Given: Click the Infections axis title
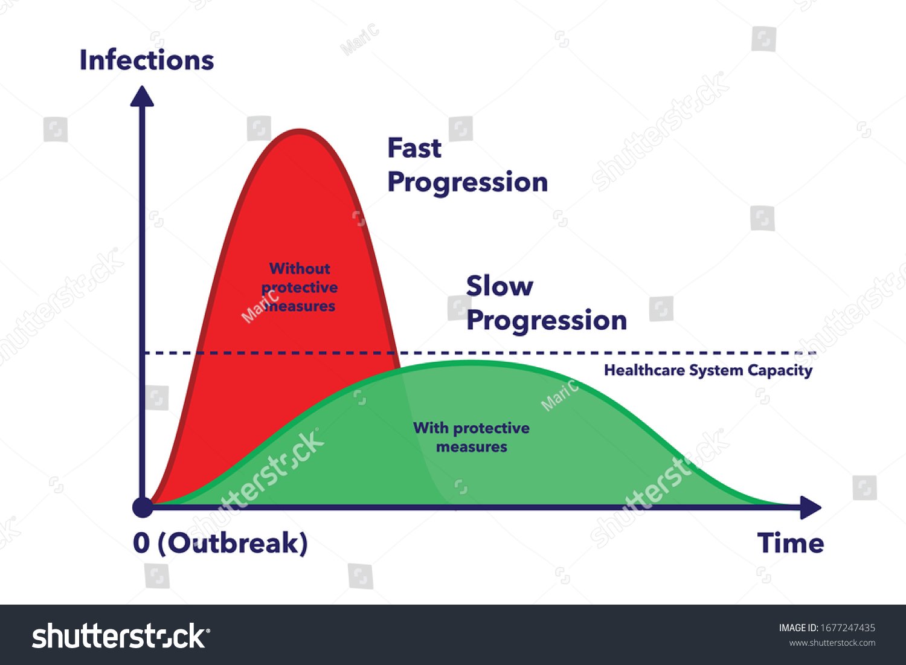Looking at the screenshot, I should (147, 60).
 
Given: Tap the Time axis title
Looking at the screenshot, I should (790, 543).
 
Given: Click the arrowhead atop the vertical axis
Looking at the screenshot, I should (143, 96).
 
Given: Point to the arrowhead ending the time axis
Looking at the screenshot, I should (811, 507).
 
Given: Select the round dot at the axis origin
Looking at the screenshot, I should (143, 507).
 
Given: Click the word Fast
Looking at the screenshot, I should (414, 148).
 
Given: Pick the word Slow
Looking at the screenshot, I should (500, 286).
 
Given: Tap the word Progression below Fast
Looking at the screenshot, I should (467, 182).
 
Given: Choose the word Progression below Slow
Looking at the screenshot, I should (547, 320).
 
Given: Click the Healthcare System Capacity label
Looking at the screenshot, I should (708, 370).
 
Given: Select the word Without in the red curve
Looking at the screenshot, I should (300, 268).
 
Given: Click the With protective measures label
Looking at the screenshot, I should (471, 437).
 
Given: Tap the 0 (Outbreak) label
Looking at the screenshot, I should (220, 543).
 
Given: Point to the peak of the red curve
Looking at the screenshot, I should (300, 130).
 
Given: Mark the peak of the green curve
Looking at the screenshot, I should (471, 362).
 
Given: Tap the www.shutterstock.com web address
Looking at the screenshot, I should (832, 643).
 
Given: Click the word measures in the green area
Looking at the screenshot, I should (471, 447).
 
